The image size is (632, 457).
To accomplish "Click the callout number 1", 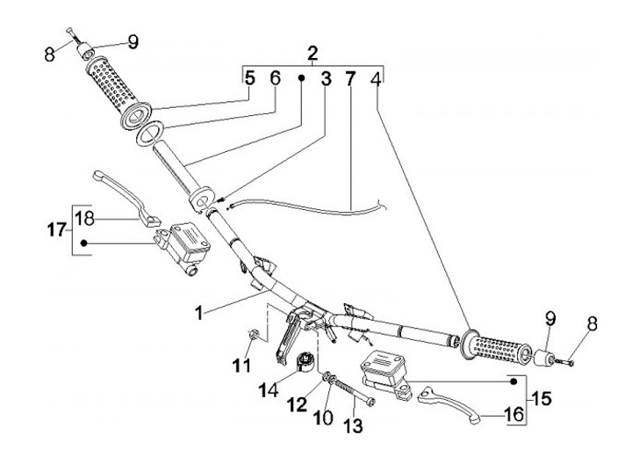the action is pos(199,313).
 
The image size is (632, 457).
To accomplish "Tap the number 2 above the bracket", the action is pos(312,54).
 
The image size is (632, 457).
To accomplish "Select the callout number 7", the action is pos(350,79).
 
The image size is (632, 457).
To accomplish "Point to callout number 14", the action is pos(269,390).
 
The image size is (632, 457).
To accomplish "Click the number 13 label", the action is pos(354,425).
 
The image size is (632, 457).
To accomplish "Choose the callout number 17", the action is pos(57,230).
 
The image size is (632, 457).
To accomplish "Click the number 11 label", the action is pos(241,366).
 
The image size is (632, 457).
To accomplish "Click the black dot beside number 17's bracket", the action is pos(84,243).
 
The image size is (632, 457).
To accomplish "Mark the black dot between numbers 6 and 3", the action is pos(301,78).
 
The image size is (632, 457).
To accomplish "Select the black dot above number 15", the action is pos(513,381).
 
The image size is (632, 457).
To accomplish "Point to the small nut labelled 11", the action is pos(254,333).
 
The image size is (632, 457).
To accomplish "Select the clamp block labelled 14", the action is pos(307,360).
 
